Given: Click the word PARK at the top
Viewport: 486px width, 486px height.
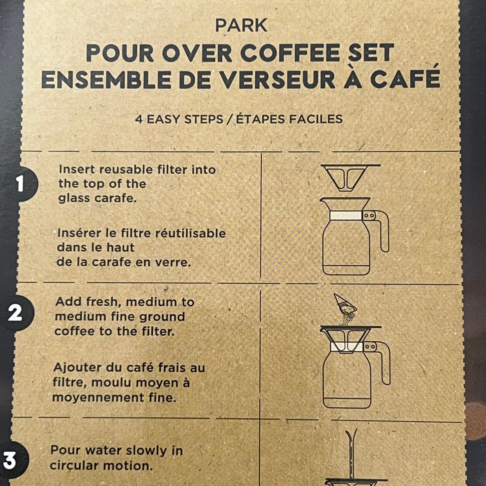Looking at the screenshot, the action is pyautogui.click(x=241, y=26).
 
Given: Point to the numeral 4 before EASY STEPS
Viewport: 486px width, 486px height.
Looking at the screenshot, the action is pyautogui.click(x=139, y=119).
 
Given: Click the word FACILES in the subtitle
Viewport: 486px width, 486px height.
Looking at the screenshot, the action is pyautogui.click(x=316, y=119).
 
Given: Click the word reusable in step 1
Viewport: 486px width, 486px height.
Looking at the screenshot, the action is pyautogui.click(x=126, y=170).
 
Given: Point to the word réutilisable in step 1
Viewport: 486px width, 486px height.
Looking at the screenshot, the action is pyautogui.click(x=190, y=233).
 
